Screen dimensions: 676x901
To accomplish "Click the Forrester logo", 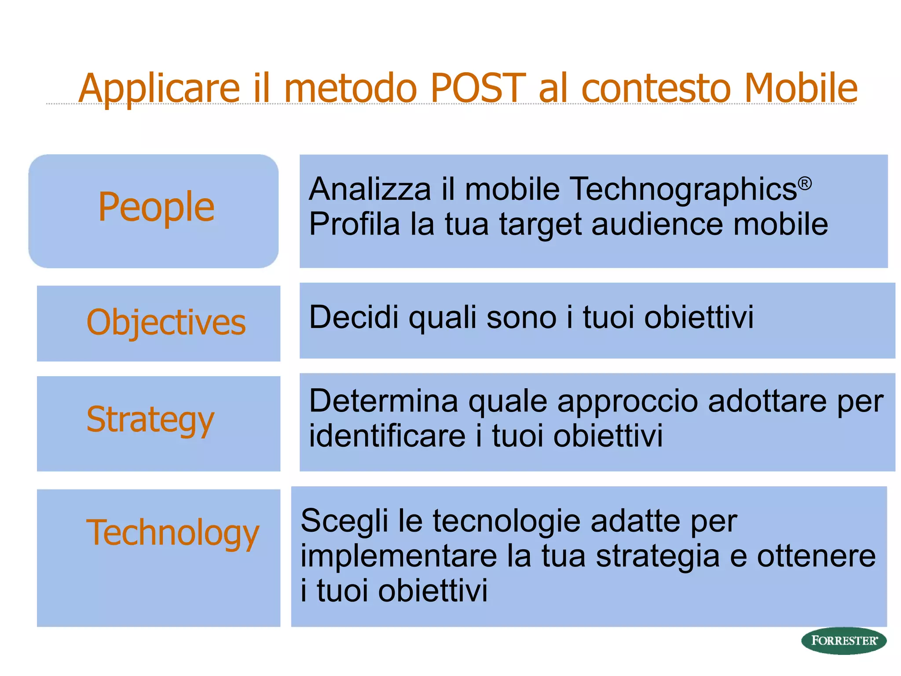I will pyautogui.click(x=843, y=640).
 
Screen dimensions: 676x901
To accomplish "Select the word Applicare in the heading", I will pyautogui.click(x=159, y=89).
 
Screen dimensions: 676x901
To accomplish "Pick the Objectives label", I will pyautogui.click(x=166, y=323).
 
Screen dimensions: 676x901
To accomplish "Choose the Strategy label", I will pyautogui.click(x=150, y=420).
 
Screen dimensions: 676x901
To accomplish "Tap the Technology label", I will pyautogui.click(x=172, y=533).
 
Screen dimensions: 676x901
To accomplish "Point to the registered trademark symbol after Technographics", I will pyautogui.click(x=805, y=183).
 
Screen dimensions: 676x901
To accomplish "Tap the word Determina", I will pyautogui.click(x=383, y=401).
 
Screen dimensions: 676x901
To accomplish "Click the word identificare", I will pyautogui.click(x=387, y=436).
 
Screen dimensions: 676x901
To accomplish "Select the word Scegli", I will pyautogui.click(x=344, y=522).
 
